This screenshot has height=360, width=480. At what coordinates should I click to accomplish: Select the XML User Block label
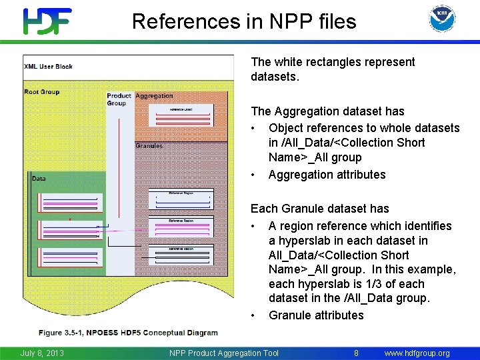pos(48,67)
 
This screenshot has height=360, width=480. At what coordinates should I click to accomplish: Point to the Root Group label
pos(41,92)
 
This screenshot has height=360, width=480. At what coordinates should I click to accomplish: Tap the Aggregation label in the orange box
pos(154,96)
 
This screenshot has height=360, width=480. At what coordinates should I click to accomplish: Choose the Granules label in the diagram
pos(149,146)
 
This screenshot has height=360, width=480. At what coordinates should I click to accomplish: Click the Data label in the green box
pos(39,179)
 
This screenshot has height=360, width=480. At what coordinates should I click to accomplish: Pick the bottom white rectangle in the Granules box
pos(181,253)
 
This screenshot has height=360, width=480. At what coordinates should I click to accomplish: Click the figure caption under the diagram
pos(129,333)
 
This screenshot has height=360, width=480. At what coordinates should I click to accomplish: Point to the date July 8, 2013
pos(42,353)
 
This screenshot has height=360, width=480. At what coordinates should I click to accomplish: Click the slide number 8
pos(356,353)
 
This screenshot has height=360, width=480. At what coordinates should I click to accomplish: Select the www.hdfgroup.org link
pos(417,353)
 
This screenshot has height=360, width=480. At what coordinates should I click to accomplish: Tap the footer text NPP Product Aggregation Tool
pos(223,353)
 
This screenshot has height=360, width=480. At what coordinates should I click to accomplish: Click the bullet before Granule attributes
pos(254,315)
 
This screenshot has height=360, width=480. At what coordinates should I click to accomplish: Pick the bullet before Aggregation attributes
pos(254,175)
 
